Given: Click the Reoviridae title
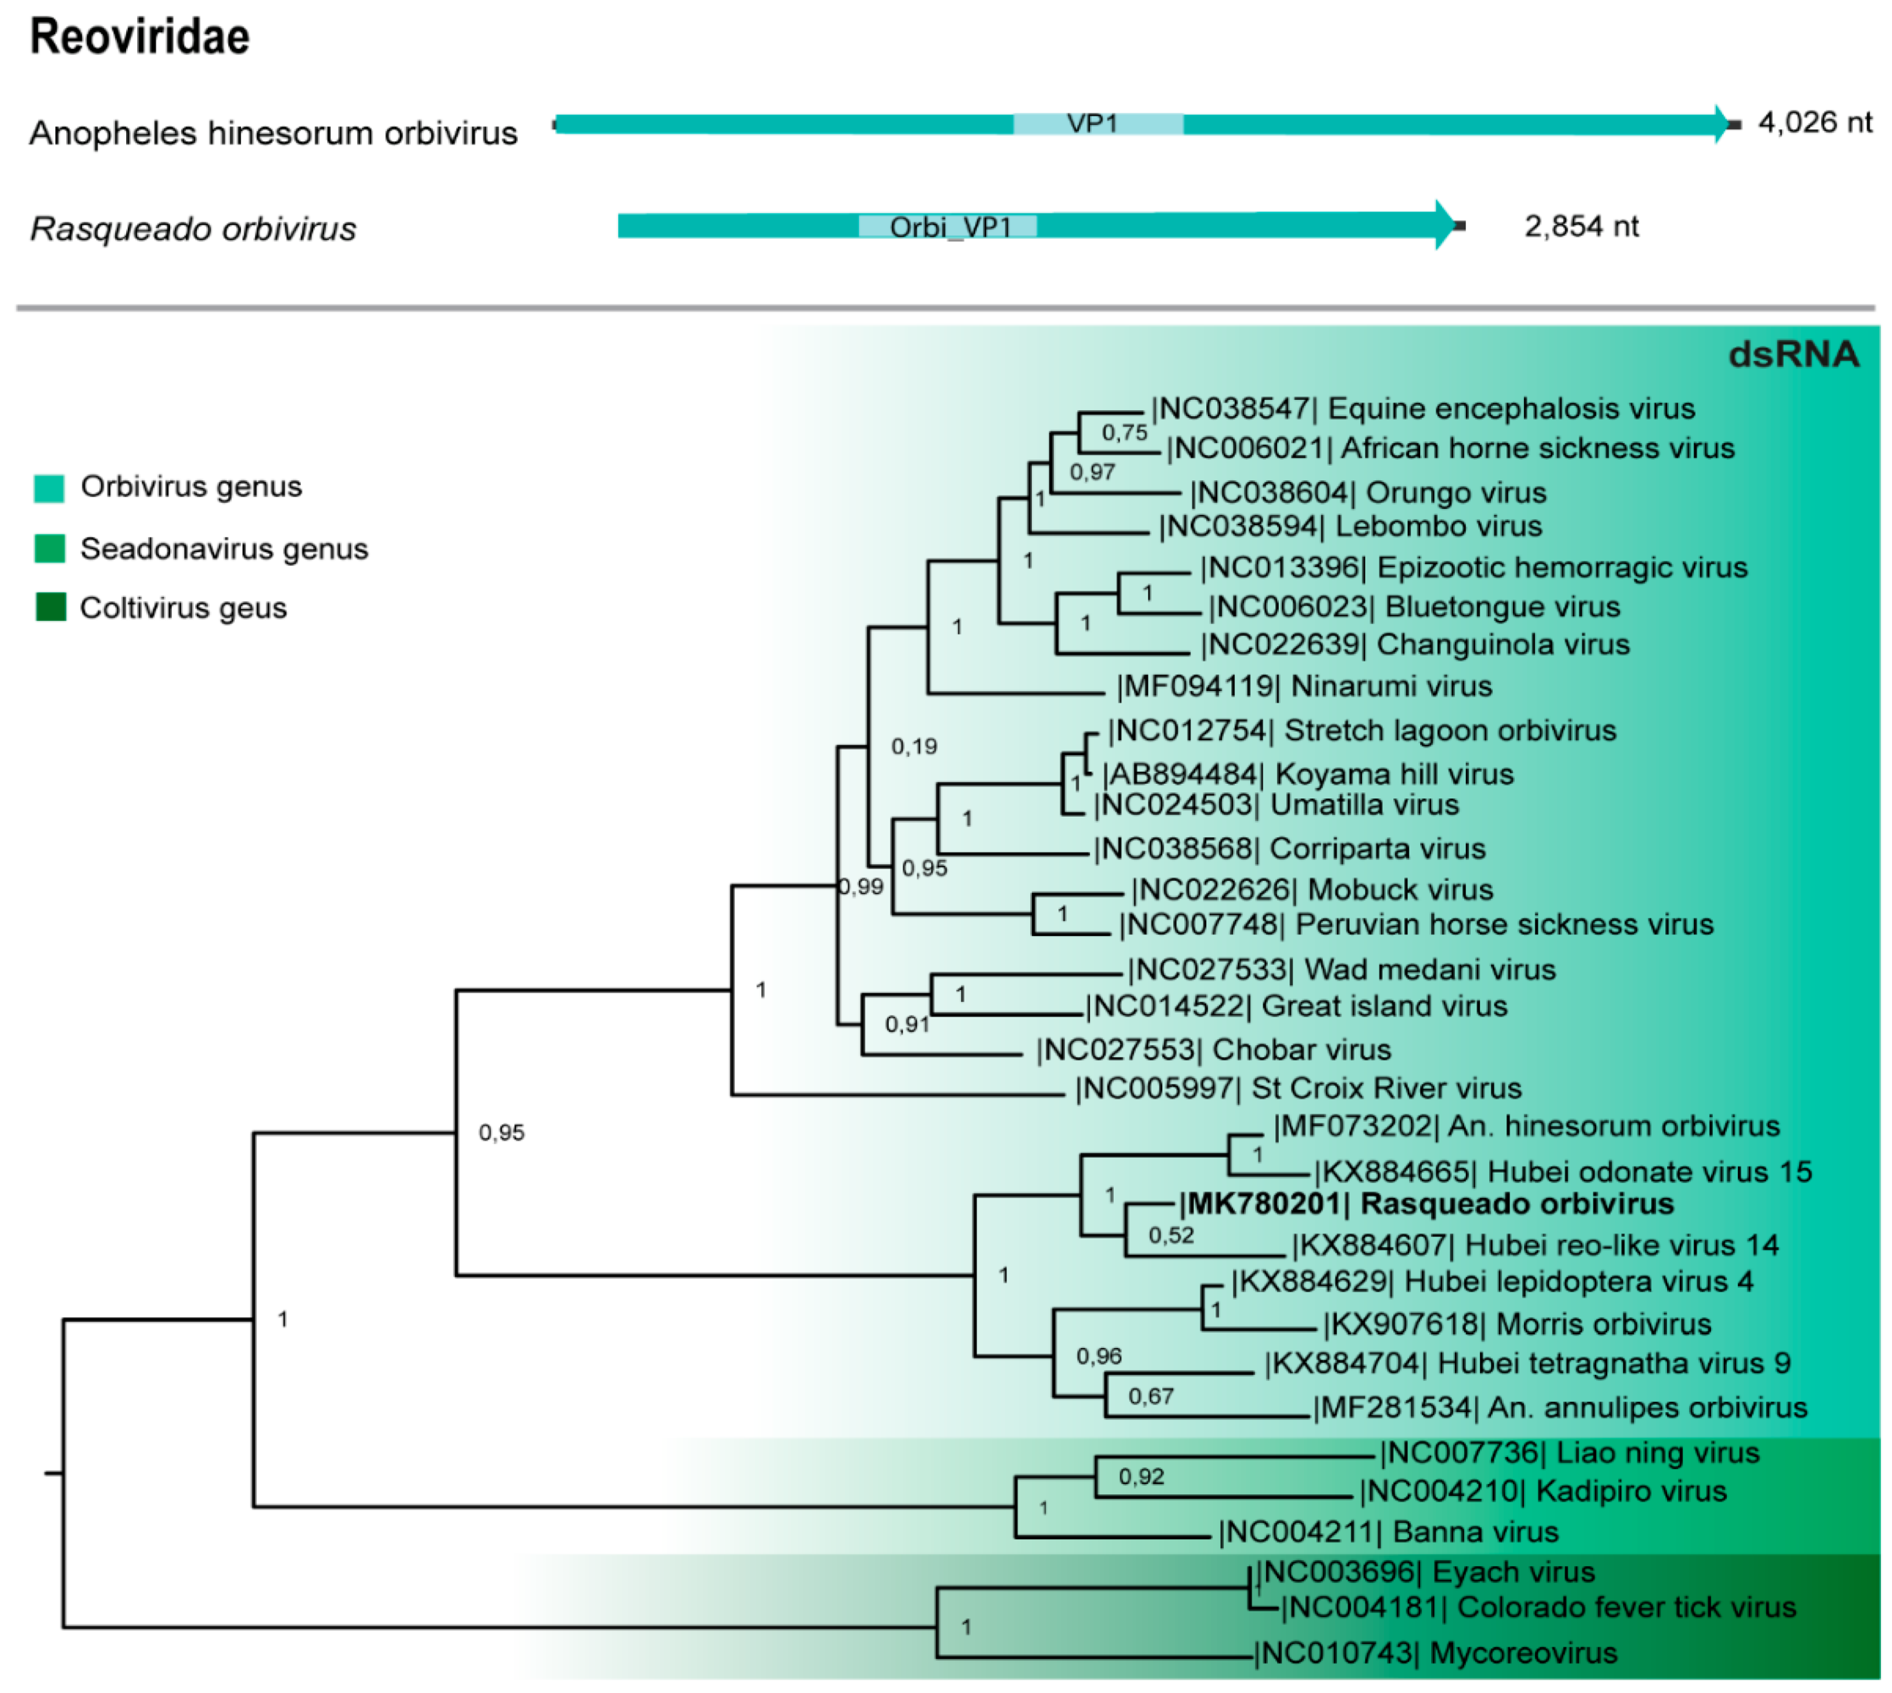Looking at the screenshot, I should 140,37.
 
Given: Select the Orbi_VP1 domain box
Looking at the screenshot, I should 948,226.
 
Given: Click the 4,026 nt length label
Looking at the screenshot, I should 1814,122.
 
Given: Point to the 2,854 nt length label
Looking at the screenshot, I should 1581,226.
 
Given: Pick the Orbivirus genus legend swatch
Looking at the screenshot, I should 49,488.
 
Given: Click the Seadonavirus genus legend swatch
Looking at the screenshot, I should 49,549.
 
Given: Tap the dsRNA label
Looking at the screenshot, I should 1793,355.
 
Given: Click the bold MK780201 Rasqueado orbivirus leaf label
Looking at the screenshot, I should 1426,1204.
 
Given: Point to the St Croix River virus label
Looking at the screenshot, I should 1298,1088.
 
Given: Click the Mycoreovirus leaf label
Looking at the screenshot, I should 1435,1653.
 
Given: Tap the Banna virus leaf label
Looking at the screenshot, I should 1388,1532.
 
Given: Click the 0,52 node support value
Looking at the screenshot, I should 1170,1235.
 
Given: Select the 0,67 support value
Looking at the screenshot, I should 1151,1396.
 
